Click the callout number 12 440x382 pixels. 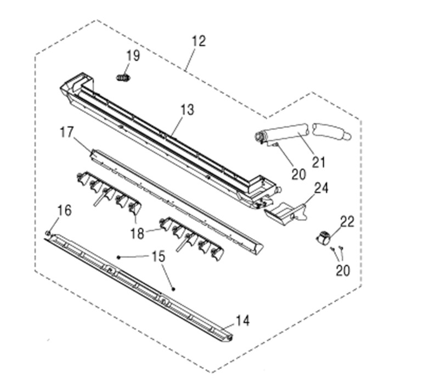(199, 41)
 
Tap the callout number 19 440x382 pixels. (133, 55)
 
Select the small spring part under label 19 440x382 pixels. (123, 77)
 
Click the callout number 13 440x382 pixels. (187, 110)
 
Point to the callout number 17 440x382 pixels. (67, 132)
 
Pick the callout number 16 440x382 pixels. (65, 211)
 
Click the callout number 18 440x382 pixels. (137, 233)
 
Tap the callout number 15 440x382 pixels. (159, 256)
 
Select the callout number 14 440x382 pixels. (242, 321)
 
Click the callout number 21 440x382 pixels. (319, 162)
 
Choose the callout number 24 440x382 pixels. (321, 188)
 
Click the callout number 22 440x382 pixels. (347, 222)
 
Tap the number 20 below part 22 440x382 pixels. (343, 270)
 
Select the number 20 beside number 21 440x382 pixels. (298, 175)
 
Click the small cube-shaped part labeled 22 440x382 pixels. (323, 238)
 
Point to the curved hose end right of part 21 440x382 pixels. (332, 131)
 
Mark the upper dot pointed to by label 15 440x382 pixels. (119, 257)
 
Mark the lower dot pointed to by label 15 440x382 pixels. (173, 289)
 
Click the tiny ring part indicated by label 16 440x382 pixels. (48, 233)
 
